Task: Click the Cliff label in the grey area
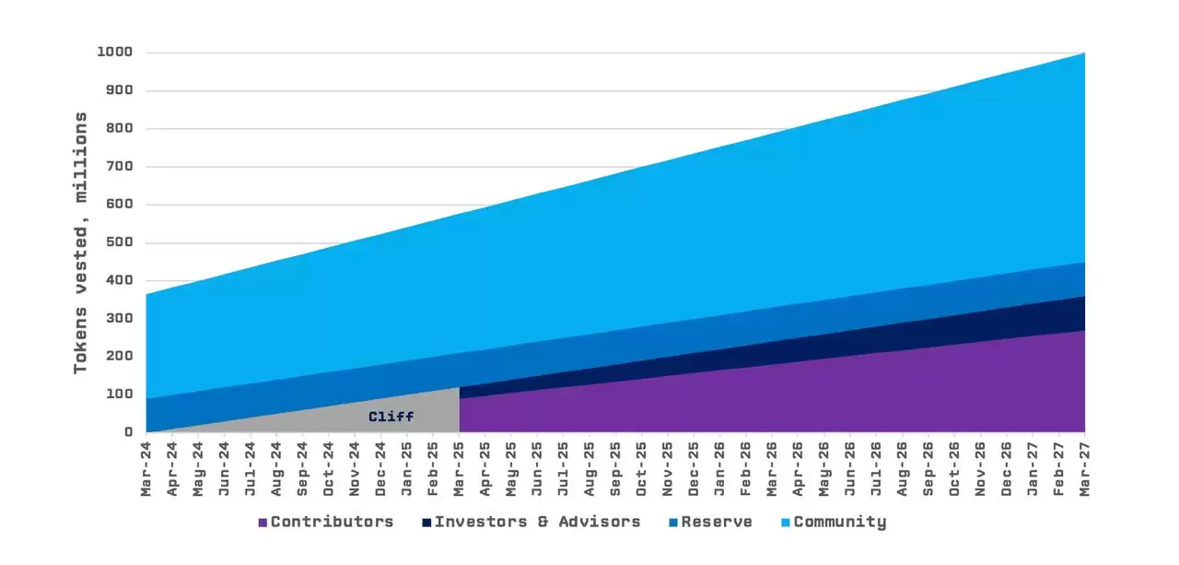pyautogui.click(x=391, y=417)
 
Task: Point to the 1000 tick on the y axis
pyautogui.click(x=115, y=53)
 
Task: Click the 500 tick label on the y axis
pyautogui.click(x=120, y=242)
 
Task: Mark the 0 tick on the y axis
pyautogui.click(x=128, y=431)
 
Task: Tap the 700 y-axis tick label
pyautogui.click(x=120, y=167)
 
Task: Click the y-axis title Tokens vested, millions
pyautogui.click(x=81, y=242)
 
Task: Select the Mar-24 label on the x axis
pyautogui.click(x=146, y=468)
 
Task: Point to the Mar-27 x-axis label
pyautogui.click(x=1084, y=468)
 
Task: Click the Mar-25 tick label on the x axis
pyautogui.click(x=459, y=468)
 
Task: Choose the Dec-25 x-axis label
pyautogui.click(x=694, y=468)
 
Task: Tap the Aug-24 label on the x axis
pyautogui.click(x=276, y=468)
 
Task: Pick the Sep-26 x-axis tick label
pyautogui.click(x=928, y=468)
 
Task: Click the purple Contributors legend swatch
pyautogui.click(x=263, y=523)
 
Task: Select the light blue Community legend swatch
pyautogui.click(x=786, y=523)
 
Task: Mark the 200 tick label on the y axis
pyautogui.click(x=120, y=356)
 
